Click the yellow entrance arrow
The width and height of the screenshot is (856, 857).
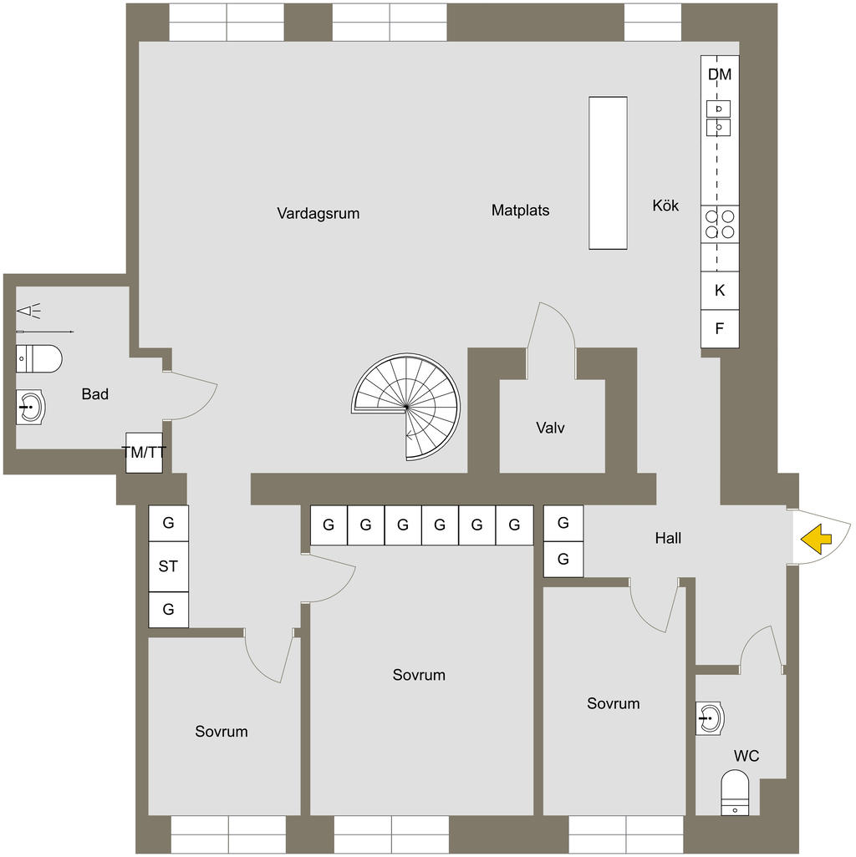817,539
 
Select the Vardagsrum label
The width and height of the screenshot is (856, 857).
318,213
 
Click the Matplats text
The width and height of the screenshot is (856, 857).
520,210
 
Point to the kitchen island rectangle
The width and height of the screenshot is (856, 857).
608,172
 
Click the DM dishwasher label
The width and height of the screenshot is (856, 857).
719,74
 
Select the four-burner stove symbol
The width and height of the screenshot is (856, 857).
720,223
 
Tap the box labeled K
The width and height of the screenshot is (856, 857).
719,291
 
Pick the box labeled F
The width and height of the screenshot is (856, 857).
719,329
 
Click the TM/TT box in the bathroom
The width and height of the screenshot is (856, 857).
144,453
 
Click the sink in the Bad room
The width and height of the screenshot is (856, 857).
31,408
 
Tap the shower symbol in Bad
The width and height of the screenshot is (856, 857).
29,312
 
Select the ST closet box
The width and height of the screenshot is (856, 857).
168,566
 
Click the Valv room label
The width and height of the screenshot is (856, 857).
550,428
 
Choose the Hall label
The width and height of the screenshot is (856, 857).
668,538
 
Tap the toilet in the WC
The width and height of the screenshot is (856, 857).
735,793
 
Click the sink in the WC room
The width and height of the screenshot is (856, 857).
710,718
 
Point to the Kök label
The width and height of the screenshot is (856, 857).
665,205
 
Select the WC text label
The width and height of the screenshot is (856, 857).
746,756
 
